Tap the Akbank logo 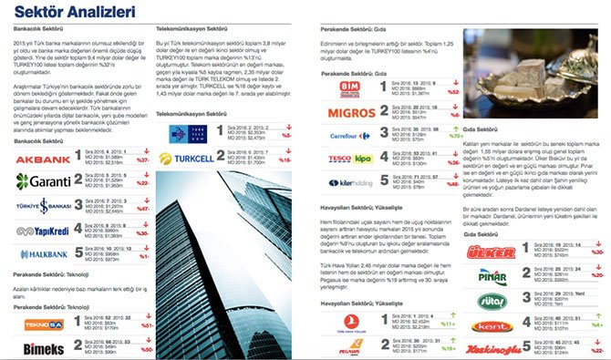[x=44, y=159]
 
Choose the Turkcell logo [x=190, y=159]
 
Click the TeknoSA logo [x=44, y=323]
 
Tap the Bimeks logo [x=44, y=346]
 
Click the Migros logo [x=351, y=112]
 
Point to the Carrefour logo [x=351, y=136]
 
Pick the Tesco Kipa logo [x=351, y=159]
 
